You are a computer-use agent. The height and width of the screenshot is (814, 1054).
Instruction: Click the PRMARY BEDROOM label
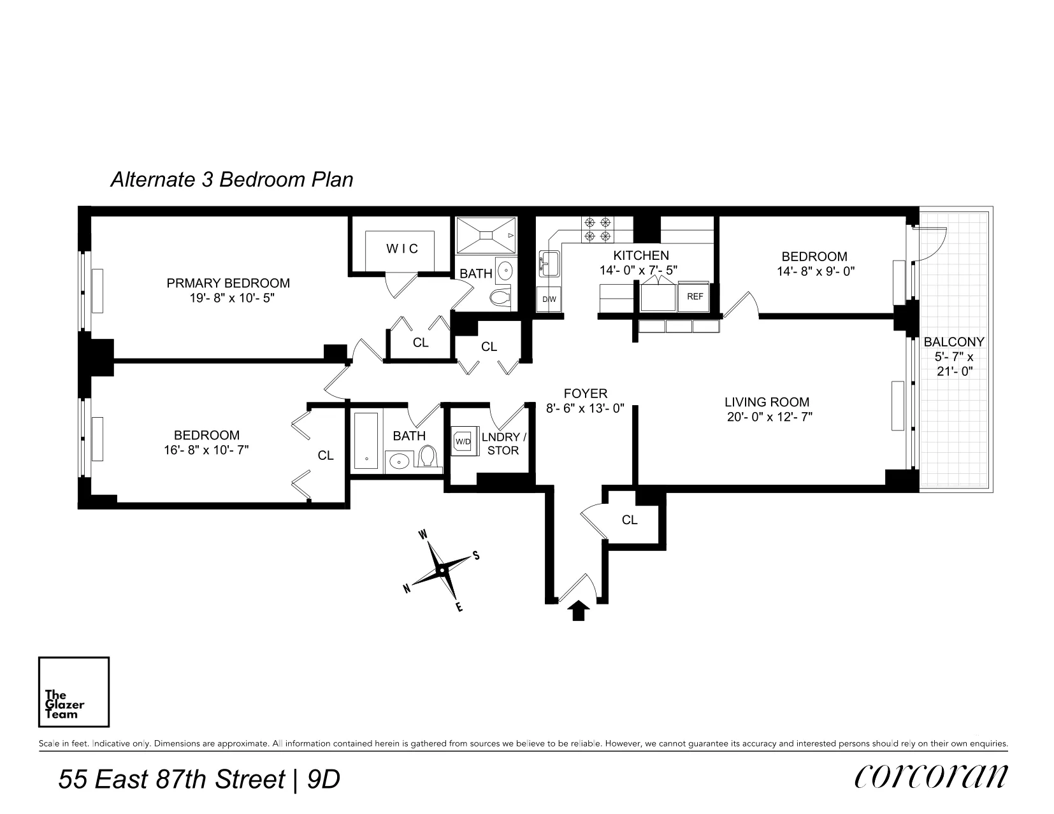[x=228, y=283]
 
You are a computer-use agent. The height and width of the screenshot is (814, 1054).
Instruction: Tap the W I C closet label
[x=402, y=249]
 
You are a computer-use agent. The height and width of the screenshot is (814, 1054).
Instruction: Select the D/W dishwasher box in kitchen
[x=549, y=299]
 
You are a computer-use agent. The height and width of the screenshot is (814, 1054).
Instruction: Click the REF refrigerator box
[x=695, y=297]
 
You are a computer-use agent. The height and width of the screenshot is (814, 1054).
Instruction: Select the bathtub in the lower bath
[x=366, y=441]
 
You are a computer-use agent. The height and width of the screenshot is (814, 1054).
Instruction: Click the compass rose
[x=442, y=568]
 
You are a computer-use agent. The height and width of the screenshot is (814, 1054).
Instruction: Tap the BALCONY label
[x=953, y=342]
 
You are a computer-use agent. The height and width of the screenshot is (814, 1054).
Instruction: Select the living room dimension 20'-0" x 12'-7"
[x=769, y=418]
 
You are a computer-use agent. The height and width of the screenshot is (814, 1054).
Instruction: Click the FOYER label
[x=585, y=394]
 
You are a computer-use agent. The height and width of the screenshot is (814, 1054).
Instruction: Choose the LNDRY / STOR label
[x=503, y=444]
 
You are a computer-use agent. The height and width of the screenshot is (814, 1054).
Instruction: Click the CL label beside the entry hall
[x=630, y=520]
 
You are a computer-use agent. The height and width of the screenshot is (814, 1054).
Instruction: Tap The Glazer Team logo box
[x=74, y=692]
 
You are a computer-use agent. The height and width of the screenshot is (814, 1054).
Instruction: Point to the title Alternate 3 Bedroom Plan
[x=232, y=180]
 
